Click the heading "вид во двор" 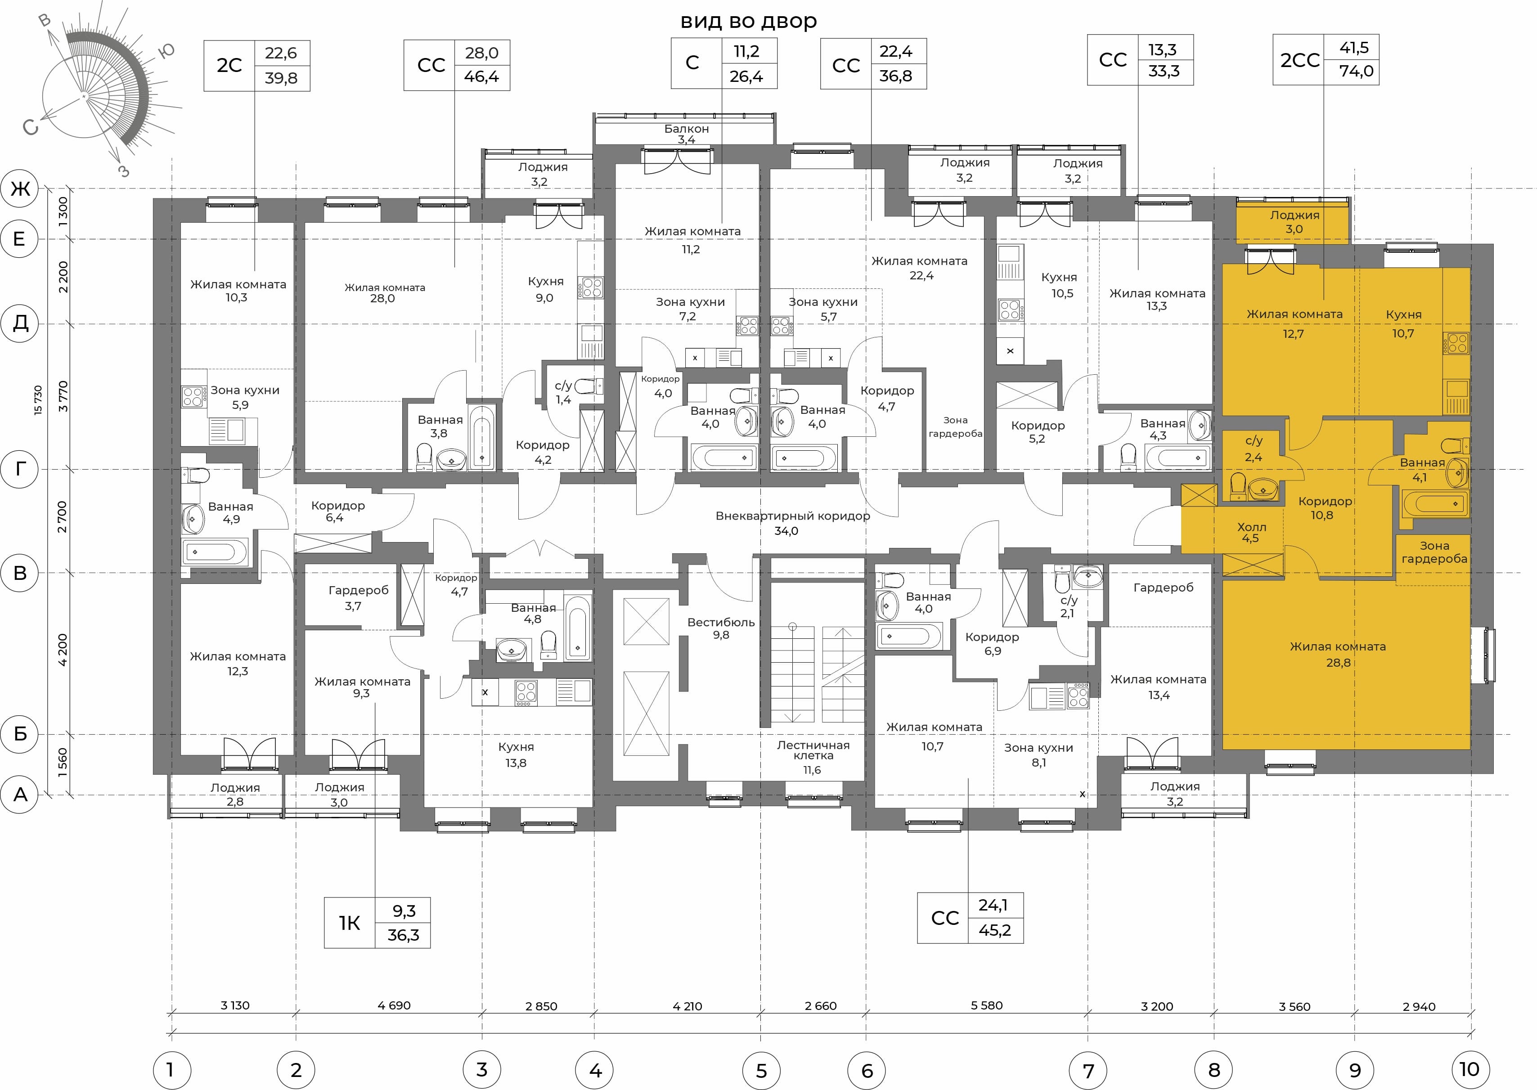[748, 22]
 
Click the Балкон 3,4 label [687, 134]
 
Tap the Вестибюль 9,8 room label [721, 628]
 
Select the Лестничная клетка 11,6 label [813, 757]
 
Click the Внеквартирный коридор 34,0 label [793, 523]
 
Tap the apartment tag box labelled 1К [377, 923]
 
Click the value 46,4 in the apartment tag [481, 77]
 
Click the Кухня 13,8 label [516, 754]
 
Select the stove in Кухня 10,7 [1456, 344]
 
